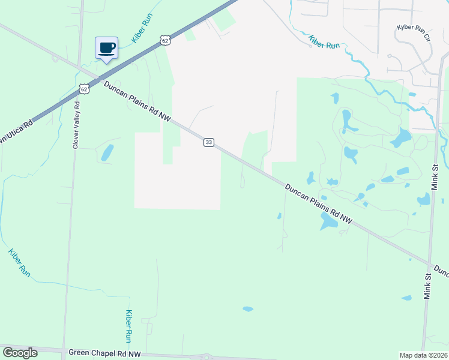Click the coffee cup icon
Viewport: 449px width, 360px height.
point(107,48)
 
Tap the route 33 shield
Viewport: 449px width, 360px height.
point(208,142)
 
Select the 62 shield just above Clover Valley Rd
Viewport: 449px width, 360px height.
point(83,89)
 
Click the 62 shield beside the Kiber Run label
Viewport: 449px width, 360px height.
point(166,40)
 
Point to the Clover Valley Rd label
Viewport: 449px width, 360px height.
point(76,124)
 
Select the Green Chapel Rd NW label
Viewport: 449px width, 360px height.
point(104,354)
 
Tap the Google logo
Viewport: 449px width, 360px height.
point(20,353)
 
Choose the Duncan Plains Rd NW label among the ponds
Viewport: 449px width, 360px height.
point(318,204)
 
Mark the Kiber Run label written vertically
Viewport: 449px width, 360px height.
point(128,326)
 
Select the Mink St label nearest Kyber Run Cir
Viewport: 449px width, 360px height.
point(436,175)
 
